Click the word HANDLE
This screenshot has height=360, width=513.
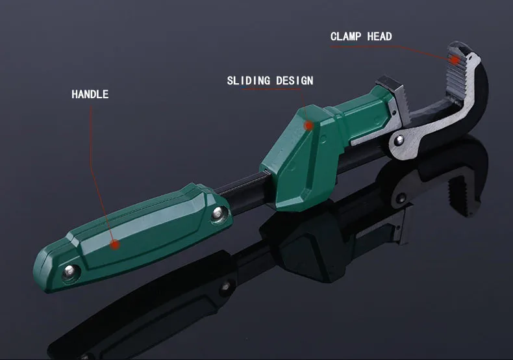90,94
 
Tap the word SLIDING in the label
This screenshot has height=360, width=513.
249,81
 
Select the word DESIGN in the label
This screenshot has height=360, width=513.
294,81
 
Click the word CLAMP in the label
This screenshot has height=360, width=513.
346,36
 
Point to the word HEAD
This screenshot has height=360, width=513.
379,36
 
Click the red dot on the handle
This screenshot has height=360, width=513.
114,244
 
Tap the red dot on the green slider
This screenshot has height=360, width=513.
308,125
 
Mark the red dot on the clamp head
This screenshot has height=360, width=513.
455,60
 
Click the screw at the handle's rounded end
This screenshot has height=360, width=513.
69,271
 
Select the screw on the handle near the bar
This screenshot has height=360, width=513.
218,214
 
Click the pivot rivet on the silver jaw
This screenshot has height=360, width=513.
399,140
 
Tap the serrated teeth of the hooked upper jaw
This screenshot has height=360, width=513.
455,73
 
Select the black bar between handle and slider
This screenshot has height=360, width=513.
244,193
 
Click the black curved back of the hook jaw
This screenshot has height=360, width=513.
478,98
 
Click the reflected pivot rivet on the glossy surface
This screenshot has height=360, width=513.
401,198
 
